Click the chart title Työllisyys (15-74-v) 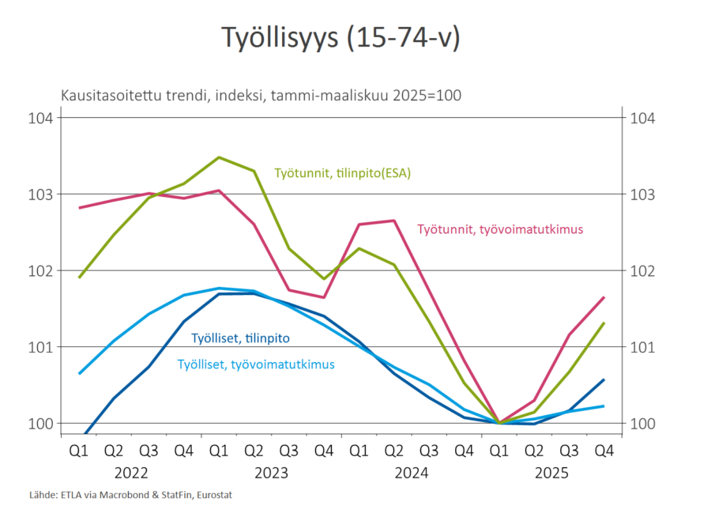coord(340,38)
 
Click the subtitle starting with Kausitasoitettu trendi coord(261,96)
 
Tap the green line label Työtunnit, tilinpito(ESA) coord(343,172)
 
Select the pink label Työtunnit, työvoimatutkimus coord(500,229)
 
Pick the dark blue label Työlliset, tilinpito coord(240,338)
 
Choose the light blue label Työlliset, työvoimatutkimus coord(255,364)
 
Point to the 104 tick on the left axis coord(40,118)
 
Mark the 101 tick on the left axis coord(40,347)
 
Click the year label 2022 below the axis coord(131,473)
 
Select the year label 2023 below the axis coord(271,473)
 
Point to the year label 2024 coord(411,473)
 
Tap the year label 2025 coord(551,473)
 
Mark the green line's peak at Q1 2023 coord(219,157)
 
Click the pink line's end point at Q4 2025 coord(604,297)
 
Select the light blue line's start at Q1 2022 coord(80,373)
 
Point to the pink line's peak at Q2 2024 coord(393,221)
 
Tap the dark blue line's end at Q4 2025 coord(604,379)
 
